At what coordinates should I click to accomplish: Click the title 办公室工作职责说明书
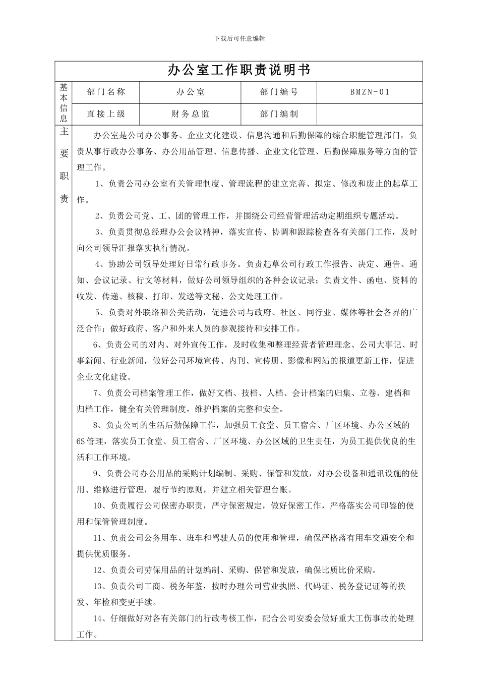[x=239, y=71]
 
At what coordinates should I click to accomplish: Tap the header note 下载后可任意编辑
[x=239, y=38]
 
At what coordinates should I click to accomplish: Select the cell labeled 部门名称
[x=106, y=92]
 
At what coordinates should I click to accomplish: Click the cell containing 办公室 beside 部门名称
[x=190, y=92]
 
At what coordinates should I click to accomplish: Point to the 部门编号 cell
[x=279, y=92]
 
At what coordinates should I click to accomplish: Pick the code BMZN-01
[x=370, y=92]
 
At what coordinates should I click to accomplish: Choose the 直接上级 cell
[x=106, y=114]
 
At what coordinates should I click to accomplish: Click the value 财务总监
[x=190, y=114]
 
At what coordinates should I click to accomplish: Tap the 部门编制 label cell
[x=279, y=114]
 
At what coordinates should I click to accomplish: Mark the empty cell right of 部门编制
[x=370, y=114]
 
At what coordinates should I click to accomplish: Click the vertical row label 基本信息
[x=64, y=103]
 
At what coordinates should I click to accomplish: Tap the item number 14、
[x=101, y=618]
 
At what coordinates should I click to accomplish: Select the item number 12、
[x=101, y=571]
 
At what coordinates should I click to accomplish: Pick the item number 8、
[x=99, y=425]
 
